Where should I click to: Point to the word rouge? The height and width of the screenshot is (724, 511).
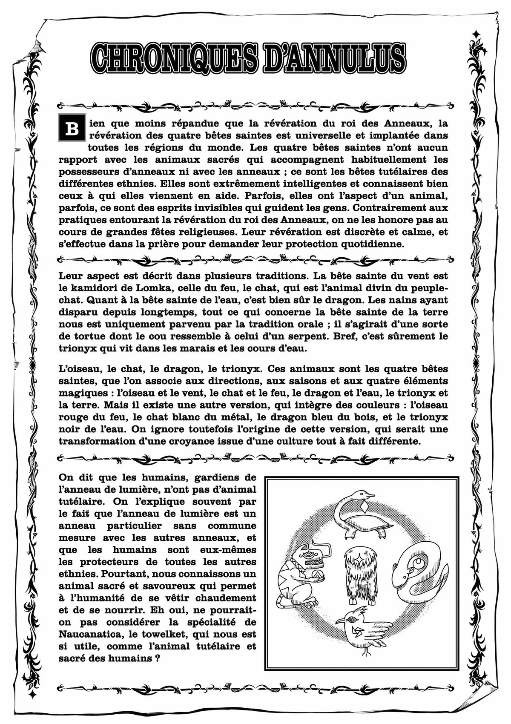(x=73, y=416)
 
